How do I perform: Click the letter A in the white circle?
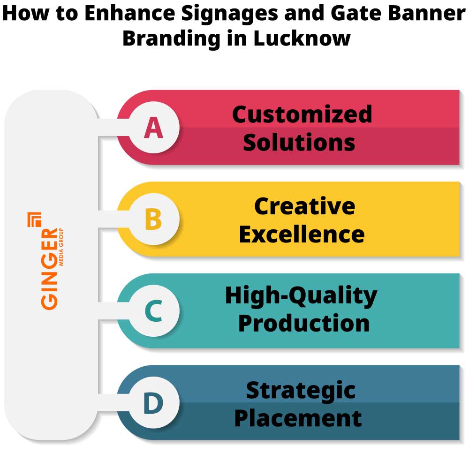[x=153, y=128]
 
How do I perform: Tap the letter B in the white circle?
[x=153, y=219]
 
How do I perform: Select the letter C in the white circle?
[x=153, y=311]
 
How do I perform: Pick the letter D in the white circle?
[x=153, y=403]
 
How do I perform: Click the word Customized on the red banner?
[x=302, y=114]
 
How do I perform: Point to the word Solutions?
[x=299, y=142]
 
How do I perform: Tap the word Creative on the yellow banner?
[x=304, y=206]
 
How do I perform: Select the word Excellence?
[x=302, y=234]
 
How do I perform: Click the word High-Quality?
[x=301, y=296]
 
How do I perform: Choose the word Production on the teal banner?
[x=303, y=324]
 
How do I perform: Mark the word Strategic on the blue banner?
[x=301, y=390]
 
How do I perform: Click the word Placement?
[x=298, y=417]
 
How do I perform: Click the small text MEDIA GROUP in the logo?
[x=61, y=248]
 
